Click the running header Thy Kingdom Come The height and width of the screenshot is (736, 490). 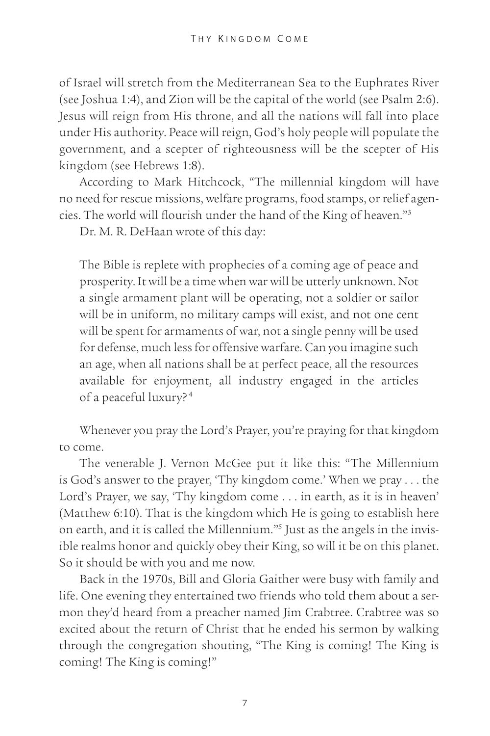[x=249, y=38]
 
